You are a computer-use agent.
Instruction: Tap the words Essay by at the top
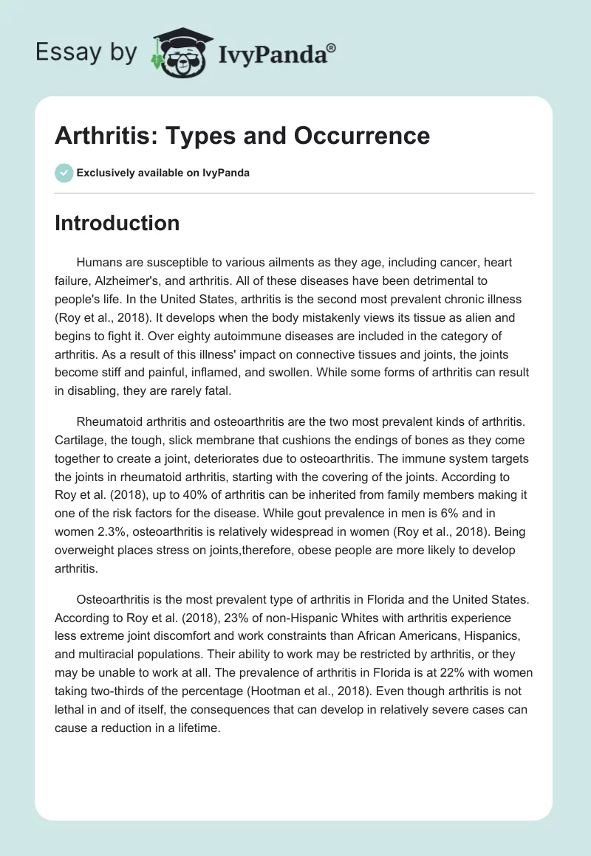[86, 52]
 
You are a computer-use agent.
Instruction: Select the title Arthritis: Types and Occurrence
[242, 136]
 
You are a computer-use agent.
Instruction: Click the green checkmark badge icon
[64, 173]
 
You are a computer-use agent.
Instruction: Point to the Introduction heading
[117, 223]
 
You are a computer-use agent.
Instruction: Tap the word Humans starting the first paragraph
[100, 263]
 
